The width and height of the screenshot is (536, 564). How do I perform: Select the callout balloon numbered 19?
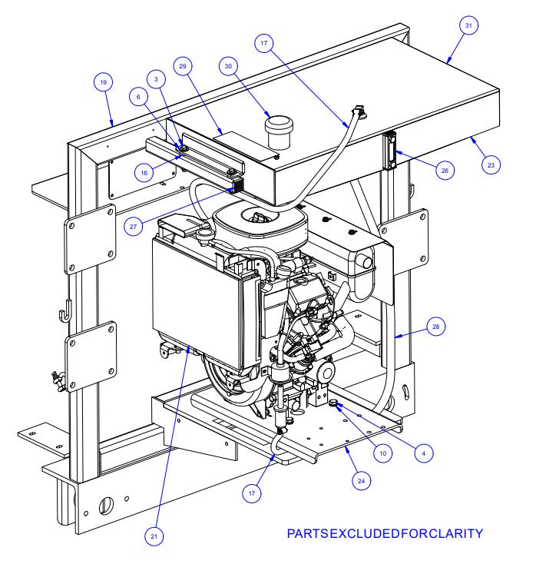103,81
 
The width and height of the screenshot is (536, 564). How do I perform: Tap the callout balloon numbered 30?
227,67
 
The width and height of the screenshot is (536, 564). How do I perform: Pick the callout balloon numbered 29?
183,68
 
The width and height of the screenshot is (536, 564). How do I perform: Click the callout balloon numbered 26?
443,171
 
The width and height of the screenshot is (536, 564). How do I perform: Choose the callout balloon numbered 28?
436,327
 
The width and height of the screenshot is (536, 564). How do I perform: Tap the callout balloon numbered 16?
144,173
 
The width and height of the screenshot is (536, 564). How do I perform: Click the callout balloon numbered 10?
382,453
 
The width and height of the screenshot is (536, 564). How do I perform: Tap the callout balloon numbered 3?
157,80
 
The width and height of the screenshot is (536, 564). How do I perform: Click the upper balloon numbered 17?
263,45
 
